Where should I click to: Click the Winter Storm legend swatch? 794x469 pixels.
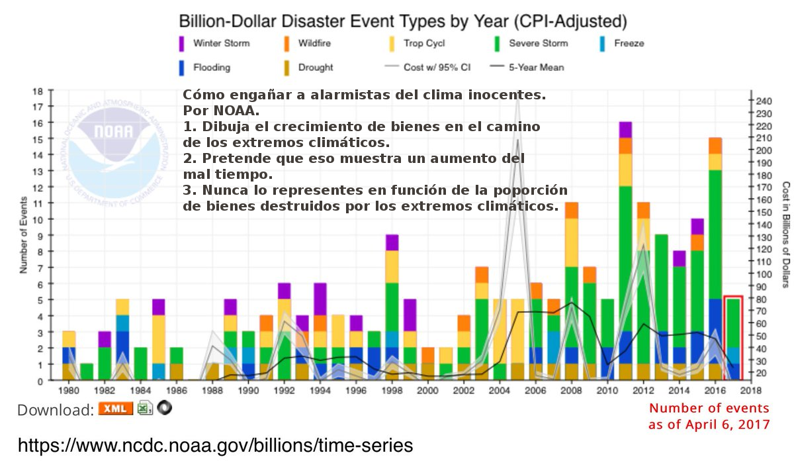coord(182,43)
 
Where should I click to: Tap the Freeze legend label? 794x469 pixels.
coord(629,44)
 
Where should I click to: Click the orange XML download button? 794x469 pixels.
coord(116,408)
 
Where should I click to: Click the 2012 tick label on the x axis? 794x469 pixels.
coord(640,391)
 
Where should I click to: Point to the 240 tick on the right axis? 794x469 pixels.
coord(764,101)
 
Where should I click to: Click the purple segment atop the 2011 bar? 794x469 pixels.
coord(625,130)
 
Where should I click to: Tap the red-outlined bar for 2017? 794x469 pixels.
coord(733,338)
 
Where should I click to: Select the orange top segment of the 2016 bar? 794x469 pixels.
coord(715,146)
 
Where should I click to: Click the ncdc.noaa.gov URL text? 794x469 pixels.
coord(215,445)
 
